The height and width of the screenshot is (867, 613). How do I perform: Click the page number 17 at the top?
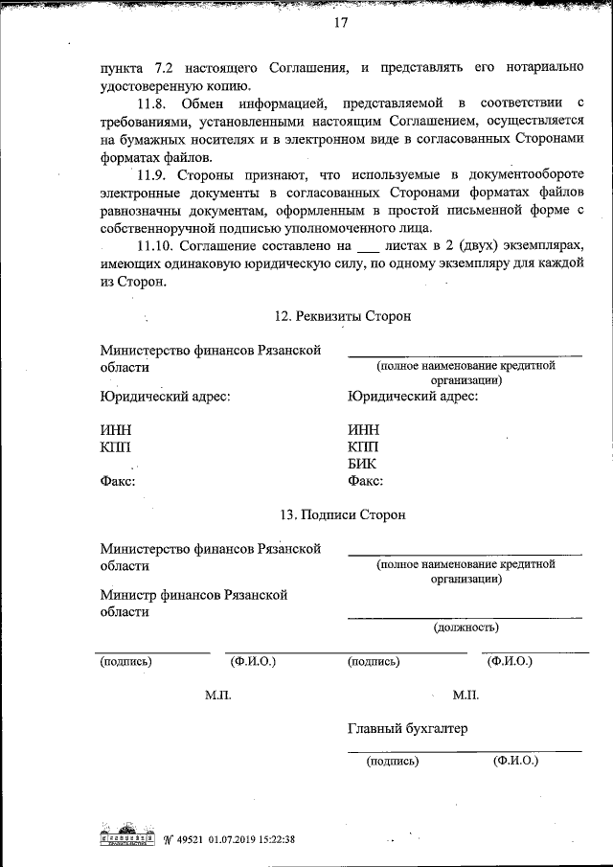(x=339, y=23)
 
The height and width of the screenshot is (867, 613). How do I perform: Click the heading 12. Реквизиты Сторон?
(x=343, y=316)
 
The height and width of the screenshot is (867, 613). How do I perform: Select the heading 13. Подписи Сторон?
(x=343, y=514)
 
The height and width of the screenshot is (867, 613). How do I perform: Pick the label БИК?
(x=363, y=464)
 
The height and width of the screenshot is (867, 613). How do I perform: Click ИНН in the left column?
(x=116, y=429)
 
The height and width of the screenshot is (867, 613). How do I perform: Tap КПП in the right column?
(x=363, y=446)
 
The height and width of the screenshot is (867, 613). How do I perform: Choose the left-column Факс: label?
(x=118, y=481)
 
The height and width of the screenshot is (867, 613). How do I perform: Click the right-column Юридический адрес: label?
(x=413, y=395)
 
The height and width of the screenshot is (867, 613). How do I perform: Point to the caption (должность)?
(x=465, y=628)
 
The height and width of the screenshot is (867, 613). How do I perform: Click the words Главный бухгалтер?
(x=408, y=729)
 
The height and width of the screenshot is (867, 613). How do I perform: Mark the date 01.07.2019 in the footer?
(x=237, y=840)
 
